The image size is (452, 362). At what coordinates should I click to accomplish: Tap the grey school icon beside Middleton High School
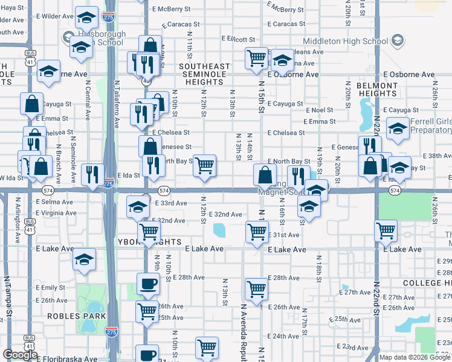coord(397,41)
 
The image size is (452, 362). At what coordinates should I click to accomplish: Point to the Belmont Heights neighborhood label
coord(377,89)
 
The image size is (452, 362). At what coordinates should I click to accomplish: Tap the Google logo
coord(20,355)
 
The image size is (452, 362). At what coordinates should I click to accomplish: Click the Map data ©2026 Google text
coord(415,357)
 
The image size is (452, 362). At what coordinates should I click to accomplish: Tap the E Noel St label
coord(320,110)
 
